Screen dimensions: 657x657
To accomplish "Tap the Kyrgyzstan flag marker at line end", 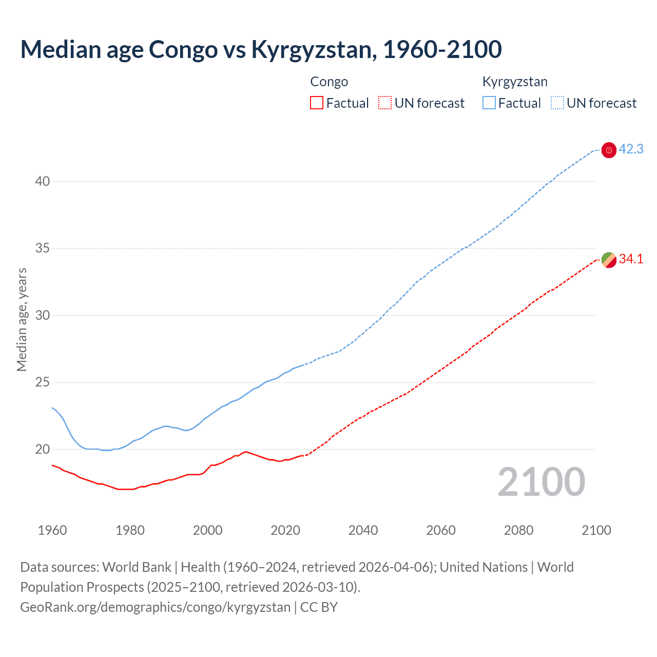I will tap(609, 150).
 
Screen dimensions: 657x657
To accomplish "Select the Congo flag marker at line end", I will tap(609, 260).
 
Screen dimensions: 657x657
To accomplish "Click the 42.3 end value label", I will tap(631, 149).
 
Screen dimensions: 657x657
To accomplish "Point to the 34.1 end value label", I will tap(631, 259).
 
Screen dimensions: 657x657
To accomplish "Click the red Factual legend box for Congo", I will tap(317, 103).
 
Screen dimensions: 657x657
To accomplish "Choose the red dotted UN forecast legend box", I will tap(385, 103).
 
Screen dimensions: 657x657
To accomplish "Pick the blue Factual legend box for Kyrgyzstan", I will tap(489, 103).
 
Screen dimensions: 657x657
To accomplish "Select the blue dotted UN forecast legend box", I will tap(557, 103).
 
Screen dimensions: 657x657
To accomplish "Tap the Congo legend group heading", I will tap(329, 82).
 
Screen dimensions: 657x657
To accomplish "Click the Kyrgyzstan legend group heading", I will tap(515, 82).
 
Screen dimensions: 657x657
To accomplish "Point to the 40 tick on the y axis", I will tap(43, 181).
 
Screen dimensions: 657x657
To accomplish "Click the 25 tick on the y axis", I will tap(43, 382).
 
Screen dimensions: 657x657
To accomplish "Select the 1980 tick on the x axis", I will tap(130, 530).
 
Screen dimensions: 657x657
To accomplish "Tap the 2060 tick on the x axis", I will tap(441, 530).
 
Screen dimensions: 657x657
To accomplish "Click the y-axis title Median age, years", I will tap(22, 319).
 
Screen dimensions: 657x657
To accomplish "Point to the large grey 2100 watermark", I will tap(541, 482).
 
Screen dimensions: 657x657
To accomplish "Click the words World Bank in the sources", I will tap(137, 567).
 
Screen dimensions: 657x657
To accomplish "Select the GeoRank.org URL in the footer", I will tap(155, 607).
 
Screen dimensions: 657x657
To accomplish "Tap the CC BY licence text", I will tap(319, 607).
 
